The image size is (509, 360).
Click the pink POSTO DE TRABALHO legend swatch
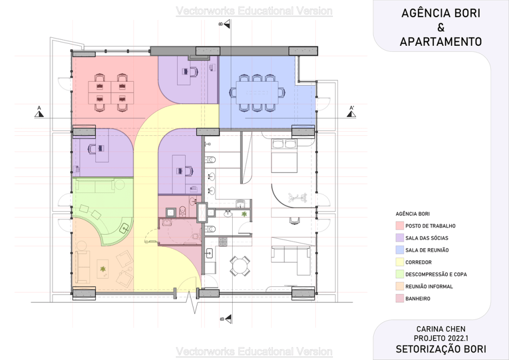(400, 226)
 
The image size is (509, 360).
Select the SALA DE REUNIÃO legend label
(427, 250)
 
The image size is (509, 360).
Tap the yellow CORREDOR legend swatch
(400, 262)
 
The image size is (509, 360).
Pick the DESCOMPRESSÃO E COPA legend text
(436, 274)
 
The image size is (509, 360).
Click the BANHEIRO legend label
(418, 299)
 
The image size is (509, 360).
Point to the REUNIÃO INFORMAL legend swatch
(400, 286)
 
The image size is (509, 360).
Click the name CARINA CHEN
(441, 329)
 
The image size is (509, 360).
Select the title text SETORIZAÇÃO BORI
(441, 349)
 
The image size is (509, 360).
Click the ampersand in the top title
(440, 27)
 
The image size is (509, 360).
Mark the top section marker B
(225, 24)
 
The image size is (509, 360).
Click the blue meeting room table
(257, 92)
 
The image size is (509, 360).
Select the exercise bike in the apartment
(297, 197)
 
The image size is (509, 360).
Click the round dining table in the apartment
(239, 266)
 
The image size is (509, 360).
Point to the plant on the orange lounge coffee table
(103, 269)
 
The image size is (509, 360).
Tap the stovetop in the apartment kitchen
(223, 242)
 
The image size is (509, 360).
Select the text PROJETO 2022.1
(441, 338)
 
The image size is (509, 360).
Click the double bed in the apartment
(284, 156)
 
